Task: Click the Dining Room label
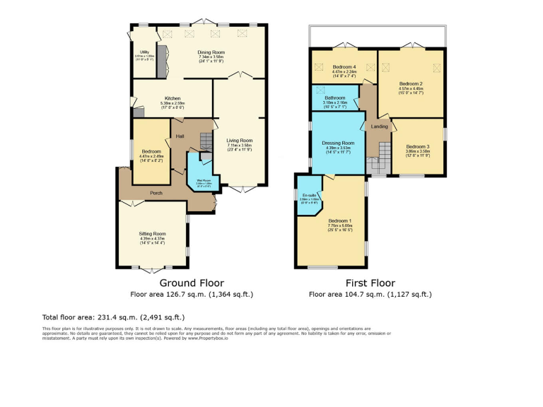[211, 52]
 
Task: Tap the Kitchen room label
[173, 98]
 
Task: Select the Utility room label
[144, 52]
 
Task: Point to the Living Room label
[240, 140]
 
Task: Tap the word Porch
[158, 192]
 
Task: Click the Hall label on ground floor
[180, 136]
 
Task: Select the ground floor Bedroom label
[150, 151]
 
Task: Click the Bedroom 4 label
[344, 67]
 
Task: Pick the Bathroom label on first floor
[335, 98]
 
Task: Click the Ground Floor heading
[192, 282]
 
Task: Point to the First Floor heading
[370, 282]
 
